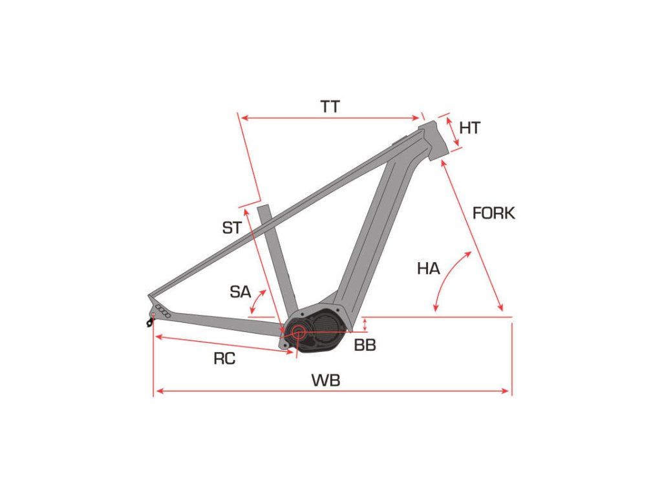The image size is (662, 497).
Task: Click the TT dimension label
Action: click(x=330, y=107)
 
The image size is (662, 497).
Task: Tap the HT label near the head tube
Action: click(x=470, y=128)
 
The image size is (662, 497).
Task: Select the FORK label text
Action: click(x=494, y=214)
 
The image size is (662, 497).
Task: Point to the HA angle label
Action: click(x=428, y=269)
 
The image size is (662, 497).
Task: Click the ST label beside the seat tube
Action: click(x=231, y=228)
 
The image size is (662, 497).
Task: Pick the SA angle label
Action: click(x=240, y=292)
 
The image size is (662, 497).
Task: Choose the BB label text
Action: click(x=365, y=346)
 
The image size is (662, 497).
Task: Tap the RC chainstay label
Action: click(x=224, y=359)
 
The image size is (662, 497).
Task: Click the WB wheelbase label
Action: click(x=326, y=381)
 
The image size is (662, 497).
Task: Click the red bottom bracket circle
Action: click(x=299, y=332)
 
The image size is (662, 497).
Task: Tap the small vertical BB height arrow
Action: click(x=365, y=324)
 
